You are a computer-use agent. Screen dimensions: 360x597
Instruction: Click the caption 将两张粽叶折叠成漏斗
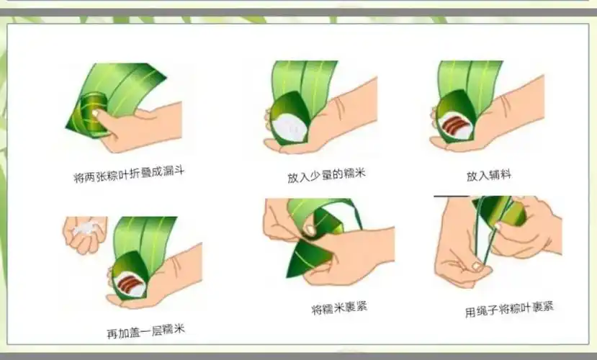(x=125, y=174)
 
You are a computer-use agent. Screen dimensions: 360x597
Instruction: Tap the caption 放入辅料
(x=488, y=175)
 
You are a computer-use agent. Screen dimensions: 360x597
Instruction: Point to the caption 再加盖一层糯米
(x=145, y=332)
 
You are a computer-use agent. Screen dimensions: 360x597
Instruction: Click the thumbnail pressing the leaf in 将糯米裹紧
(x=309, y=230)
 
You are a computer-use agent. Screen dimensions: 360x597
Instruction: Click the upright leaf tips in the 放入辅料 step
(x=468, y=79)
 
